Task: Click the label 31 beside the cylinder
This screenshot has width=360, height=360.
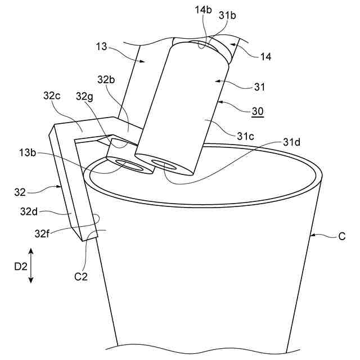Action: [259, 87]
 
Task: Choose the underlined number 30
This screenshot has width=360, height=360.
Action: [257, 111]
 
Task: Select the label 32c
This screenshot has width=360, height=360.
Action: [52, 96]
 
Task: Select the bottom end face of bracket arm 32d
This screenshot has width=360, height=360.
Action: [85, 234]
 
